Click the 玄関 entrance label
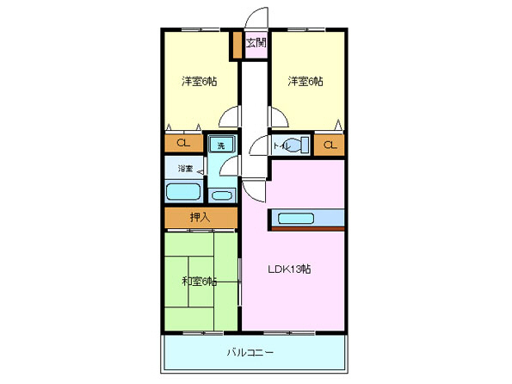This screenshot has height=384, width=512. tap(256, 42)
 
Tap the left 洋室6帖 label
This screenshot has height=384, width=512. tap(198, 82)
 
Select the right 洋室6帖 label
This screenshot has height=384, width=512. tap(305, 82)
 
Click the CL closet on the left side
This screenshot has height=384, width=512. tap(183, 144)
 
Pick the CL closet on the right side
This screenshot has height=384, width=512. tap(330, 146)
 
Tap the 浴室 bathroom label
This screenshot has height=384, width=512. tap(185, 168)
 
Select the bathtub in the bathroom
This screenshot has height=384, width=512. tap(182, 192)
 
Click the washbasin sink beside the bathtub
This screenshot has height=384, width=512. tap(222, 195)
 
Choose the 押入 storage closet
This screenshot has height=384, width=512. tap(200, 218)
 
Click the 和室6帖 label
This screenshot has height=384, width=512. tap(198, 281)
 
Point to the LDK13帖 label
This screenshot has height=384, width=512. tap(293, 269)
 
